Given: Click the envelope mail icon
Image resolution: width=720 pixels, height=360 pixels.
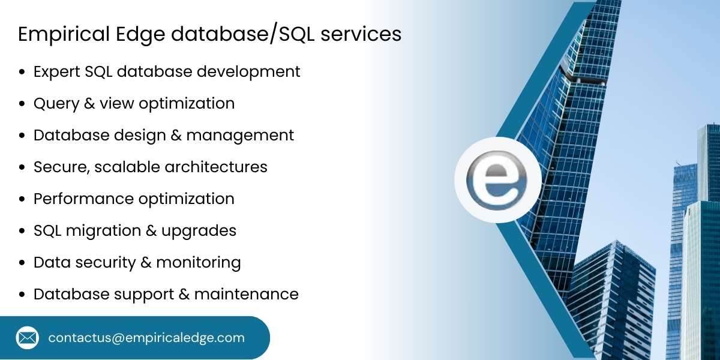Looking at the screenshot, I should coord(27,338).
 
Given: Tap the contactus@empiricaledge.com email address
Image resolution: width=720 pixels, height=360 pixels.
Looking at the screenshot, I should coord(146,338).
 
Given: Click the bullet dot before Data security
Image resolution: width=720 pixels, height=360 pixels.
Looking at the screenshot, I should coord(22,263).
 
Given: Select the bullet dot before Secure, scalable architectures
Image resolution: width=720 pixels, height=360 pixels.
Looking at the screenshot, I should coord(22,167).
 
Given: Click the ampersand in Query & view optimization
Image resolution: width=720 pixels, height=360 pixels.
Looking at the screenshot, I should coord(89,103).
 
